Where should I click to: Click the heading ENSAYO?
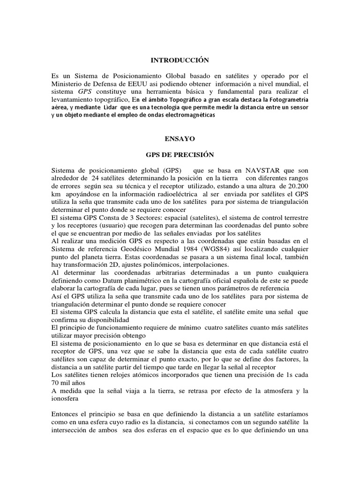pos(180,139)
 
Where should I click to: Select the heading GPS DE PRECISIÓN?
pos(180,155)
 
